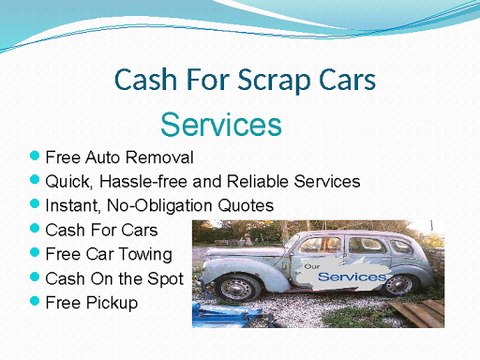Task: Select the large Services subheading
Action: [220, 125]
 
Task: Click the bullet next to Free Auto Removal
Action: [35, 157]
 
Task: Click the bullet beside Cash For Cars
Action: [35, 229]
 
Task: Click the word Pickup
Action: [110, 302]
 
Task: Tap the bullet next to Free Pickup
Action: [35, 301]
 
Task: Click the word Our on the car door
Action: [314, 266]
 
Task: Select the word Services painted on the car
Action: [350, 276]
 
